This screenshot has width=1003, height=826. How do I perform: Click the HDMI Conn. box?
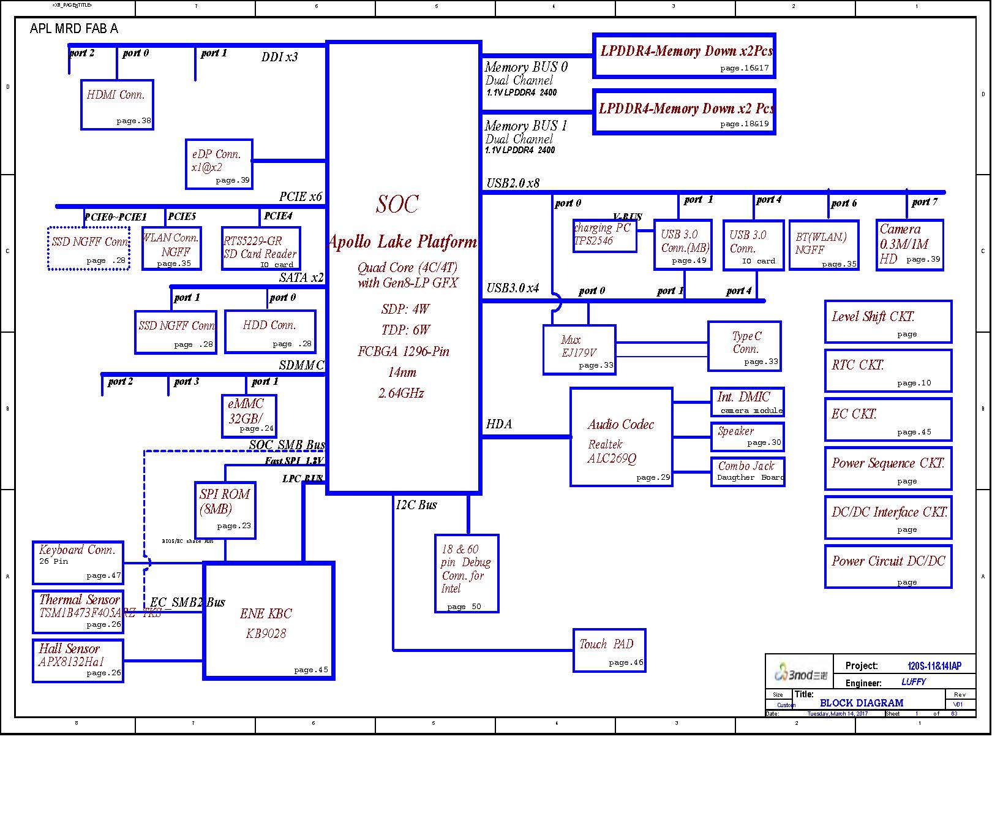(116, 105)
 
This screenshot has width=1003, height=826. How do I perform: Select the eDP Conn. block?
(219, 164)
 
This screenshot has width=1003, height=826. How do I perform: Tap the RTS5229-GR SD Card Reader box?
(261, 248)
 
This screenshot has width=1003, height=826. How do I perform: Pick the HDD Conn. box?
(270, 332)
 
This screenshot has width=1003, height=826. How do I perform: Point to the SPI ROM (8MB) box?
(225, 510)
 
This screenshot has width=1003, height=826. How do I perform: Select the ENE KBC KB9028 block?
(269, 621)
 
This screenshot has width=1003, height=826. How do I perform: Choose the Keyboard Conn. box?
(78, 562)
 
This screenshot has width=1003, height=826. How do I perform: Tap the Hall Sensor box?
(78, 661)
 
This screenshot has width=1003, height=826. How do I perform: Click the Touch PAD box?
(609, 650)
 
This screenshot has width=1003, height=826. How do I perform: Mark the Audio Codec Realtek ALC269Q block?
(621, 437)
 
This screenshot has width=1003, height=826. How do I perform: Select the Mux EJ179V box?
(579, 349)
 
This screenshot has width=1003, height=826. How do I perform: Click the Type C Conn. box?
(744, 346)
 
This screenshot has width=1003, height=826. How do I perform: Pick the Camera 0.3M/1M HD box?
(909, 244)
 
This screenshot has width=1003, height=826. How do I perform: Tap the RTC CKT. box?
(888, 371)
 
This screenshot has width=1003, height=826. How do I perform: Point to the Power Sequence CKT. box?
(888, 468)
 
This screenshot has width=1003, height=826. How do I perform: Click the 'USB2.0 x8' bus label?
(513, 183)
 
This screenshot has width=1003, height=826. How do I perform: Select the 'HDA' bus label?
(498, 424)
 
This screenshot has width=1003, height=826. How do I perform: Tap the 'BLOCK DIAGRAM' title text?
(861, 703)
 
